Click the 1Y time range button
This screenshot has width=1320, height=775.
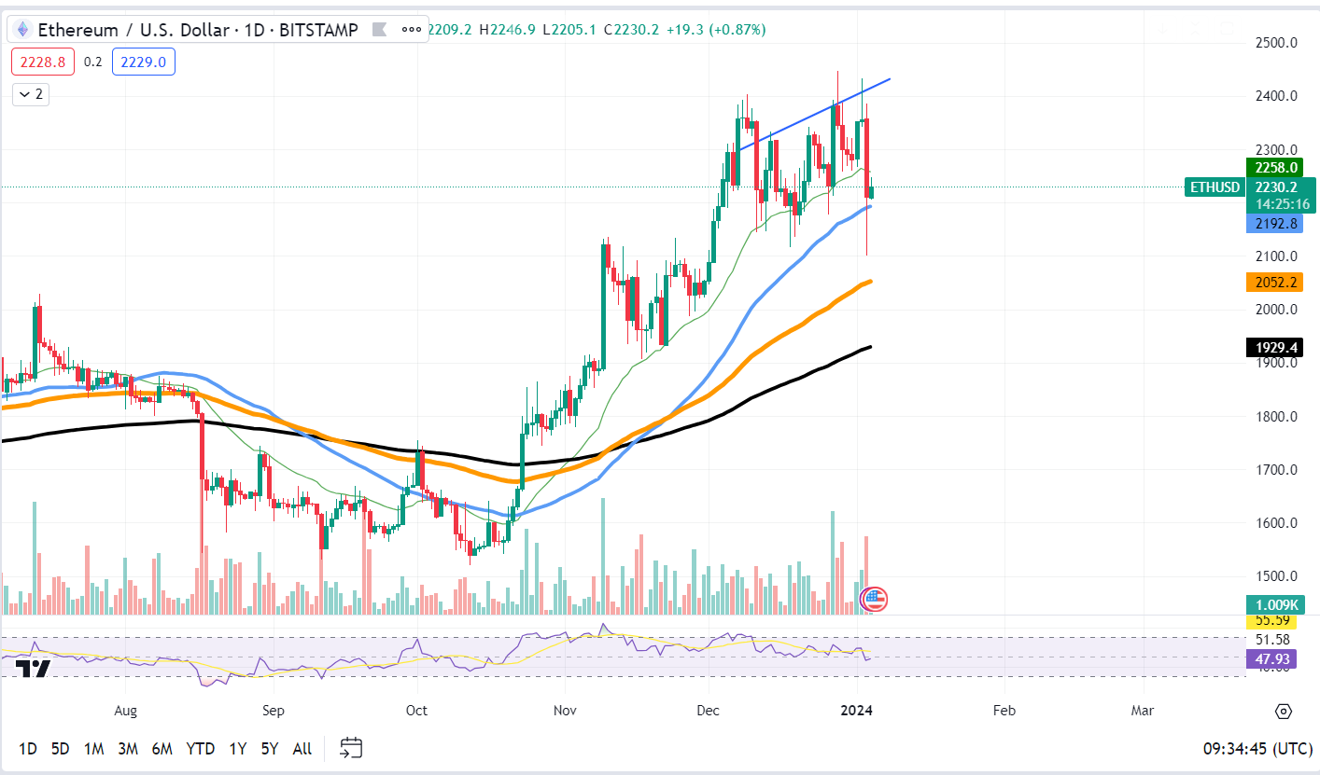pyautogui.click(x=237, y=748)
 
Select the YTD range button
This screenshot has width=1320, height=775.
pyautogui.click(x=200, y=748)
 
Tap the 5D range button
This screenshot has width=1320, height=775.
pyautogui.click(x=60, y=748)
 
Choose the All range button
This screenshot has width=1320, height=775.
pyautogui.click(x=302, y=748)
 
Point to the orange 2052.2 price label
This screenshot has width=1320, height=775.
pyautogui.click(x=1274, y=282)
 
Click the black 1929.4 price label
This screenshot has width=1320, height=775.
pyautogui.click(x=1274, y=348)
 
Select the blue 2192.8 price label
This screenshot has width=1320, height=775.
pyautogui.click(x=1274, y=224)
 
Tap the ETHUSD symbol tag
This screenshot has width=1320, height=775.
pyautogui.click(x=1215, y=187)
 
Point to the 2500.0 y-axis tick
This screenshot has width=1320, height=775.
pyautogui.click(x=1274, y=43)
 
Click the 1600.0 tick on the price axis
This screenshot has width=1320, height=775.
pyautogui.click(x=1274, y=523)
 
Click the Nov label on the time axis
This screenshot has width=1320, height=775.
pyautogui.click(x=564, y=711)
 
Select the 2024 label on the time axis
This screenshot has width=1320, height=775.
pyautogui.click(x=856, y=711)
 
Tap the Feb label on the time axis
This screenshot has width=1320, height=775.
pyautogui.click(x=1004, y=711)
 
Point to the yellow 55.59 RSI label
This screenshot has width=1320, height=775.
pyautogui.click(x=1272, y=620)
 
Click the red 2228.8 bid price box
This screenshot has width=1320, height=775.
pyautogui.click(x=43, y=62)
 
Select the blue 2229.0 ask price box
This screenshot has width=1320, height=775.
pyautogui.click(x=144, y=62)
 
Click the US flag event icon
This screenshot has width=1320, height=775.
pyautogui.click(x=874, y=599)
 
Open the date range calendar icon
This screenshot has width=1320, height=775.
pyautogui.click(x=351, y=747)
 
